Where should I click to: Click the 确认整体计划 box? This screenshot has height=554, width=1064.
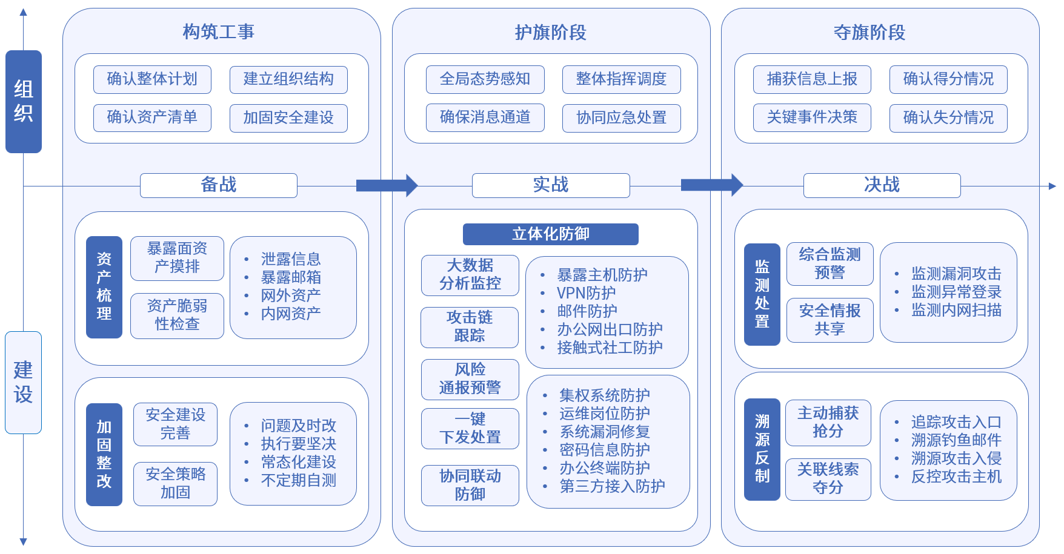152,79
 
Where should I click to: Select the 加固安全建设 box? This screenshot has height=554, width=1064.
288,117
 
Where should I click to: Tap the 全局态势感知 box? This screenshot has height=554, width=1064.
485,79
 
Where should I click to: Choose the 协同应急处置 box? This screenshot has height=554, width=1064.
621,117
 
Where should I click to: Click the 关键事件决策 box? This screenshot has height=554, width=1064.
812,117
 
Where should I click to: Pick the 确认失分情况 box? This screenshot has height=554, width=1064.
948,117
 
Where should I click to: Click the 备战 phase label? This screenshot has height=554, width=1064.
219,185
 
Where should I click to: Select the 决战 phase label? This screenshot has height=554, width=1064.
882,185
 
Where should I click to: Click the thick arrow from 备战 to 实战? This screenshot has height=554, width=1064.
387,185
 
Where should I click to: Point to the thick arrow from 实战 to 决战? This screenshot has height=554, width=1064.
711,185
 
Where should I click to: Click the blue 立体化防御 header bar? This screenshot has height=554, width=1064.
550,234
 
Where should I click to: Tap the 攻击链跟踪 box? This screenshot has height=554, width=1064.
470,327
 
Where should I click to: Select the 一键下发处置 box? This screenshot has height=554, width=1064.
470,429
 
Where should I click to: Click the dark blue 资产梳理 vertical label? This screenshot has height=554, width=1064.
104,287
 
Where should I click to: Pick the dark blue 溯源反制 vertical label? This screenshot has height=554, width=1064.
762,449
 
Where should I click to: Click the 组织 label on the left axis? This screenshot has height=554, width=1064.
24,102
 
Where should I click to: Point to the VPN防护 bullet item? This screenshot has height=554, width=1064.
586,293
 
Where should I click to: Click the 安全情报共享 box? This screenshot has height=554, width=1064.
830,320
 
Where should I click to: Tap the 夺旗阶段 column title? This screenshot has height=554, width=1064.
869,33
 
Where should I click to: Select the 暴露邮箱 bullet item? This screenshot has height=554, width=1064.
291,277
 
